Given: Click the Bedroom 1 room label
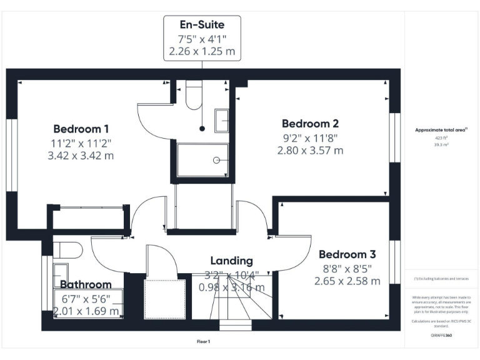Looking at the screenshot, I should pos(81,129).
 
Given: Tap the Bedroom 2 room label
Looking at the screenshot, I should pos(310,123).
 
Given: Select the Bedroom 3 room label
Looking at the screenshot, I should pos(347,254).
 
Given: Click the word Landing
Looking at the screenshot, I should pos(231,261).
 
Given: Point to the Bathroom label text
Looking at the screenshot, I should pos(86,284).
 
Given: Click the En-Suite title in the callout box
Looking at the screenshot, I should pos(202,25).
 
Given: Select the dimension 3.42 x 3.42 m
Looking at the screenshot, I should pos(81,156).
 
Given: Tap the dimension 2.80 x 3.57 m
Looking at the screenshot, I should pos(310,150).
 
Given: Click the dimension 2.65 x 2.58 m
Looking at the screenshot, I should pos(347,281).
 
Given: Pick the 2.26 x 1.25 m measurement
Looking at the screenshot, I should pos(202,51).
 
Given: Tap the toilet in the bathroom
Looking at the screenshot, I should pos(69,250).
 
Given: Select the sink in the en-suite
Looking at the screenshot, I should pos(222,120).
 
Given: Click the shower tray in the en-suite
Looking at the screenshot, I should pos(202,161).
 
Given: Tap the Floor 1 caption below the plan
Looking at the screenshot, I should pos(203,342).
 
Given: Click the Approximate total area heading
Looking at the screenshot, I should pos(441,130).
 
